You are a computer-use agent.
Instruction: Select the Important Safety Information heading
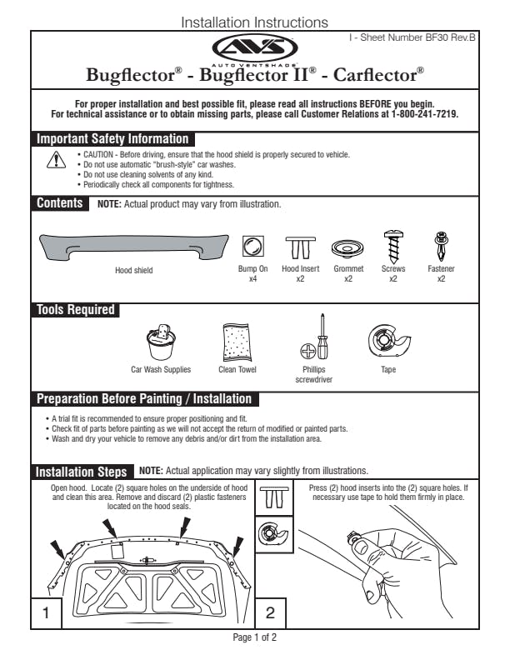(112, 139)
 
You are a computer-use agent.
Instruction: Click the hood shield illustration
(134, 247)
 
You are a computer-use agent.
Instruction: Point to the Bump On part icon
(252, 246)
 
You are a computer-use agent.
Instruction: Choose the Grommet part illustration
(348, 248)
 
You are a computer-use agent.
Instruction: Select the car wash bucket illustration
(161, 342)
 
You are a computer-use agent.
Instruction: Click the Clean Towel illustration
(237, 342)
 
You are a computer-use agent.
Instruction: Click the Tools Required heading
(76, 310)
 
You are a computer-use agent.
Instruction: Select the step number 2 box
(269, 612)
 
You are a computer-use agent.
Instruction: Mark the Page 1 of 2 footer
(255, 637)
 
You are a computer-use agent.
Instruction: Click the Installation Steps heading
(82, 472)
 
